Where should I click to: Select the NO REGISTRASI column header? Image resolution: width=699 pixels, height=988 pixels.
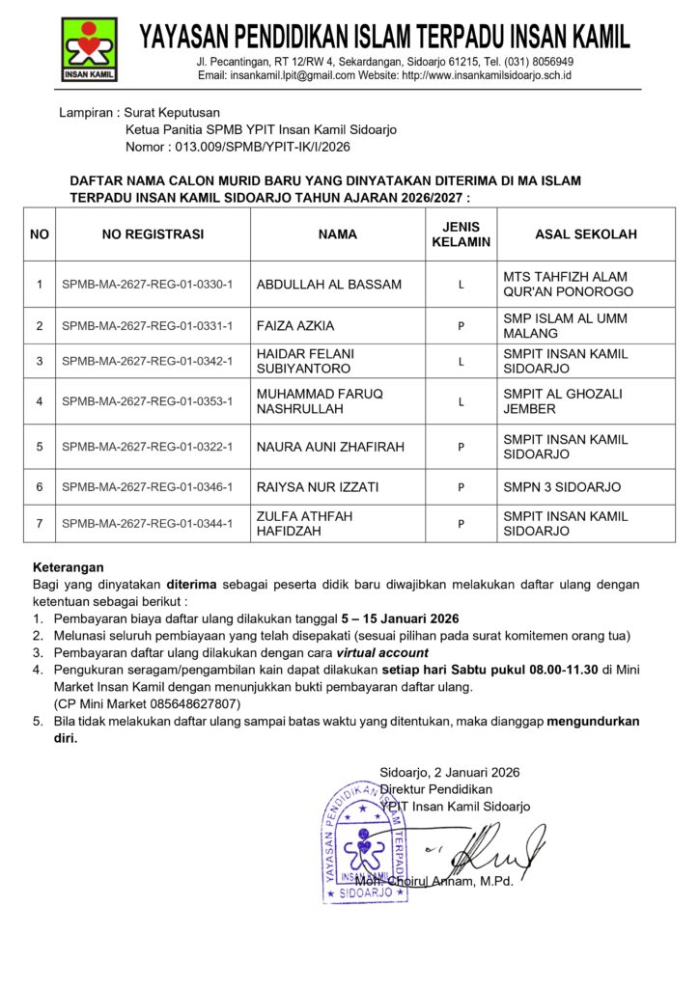pos(153,233)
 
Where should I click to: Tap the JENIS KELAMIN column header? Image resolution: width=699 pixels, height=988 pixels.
pos(461,233)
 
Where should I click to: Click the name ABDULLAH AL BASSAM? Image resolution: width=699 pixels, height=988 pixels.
pos(328,285)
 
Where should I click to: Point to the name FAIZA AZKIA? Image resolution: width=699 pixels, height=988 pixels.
pos(295,326)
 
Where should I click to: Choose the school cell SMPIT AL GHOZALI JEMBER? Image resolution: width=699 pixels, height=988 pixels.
pos(563,401)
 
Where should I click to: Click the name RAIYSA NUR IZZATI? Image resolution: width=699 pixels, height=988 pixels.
pos(317,487)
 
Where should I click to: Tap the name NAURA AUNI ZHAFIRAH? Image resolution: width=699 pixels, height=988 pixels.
pos(330,447)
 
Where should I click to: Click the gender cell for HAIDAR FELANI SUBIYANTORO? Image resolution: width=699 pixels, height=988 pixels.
pos(461,362)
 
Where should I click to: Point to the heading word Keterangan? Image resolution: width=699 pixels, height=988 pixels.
pos(69,567)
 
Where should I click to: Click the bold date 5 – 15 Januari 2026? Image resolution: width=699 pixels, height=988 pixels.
pos(400,618)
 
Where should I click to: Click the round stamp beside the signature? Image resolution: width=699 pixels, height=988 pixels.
pos(365,842)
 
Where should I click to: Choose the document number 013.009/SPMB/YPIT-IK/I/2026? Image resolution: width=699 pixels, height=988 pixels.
pos(259,148)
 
